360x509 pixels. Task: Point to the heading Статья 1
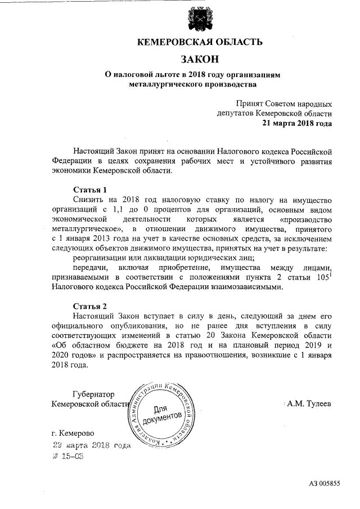click(x=90, y=189)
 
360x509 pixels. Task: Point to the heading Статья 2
click(x=90, y=306)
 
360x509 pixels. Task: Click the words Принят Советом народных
click(x=284, y=103)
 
